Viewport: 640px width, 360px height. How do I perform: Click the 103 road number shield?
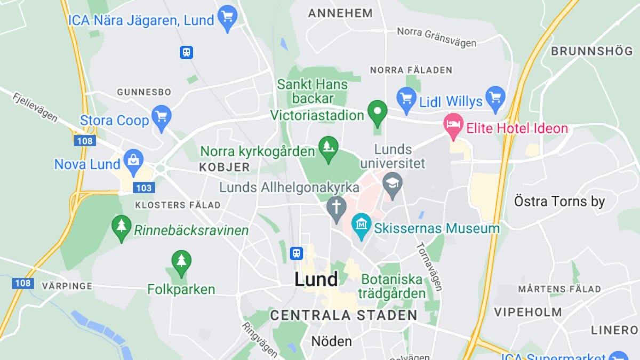(144, 188)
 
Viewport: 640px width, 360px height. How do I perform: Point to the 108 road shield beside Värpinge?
(22, 283)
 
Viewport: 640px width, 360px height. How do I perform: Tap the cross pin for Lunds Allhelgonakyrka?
(337, 209)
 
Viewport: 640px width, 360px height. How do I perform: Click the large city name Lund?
(316, 279)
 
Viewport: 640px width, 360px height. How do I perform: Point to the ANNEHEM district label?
(340, 13)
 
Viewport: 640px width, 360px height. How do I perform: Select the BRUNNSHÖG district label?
(591, 52)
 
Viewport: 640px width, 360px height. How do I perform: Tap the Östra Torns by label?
(559, 202)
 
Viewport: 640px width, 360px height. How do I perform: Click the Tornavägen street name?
(429, 267)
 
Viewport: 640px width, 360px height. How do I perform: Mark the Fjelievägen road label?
(36, 107)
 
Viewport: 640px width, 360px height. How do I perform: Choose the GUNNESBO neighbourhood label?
(144, 92)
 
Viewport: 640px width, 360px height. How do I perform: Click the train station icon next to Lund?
(297, 253)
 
